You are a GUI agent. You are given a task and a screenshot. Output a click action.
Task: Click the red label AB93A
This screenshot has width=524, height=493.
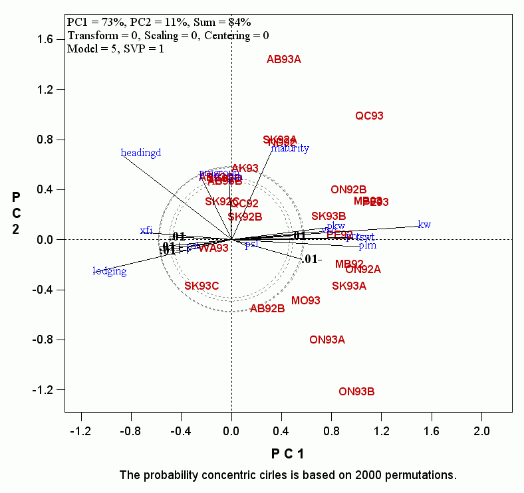pyautogui.click(x=284, y=60)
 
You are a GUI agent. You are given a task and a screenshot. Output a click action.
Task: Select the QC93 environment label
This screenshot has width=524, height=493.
pyautogui.click(x=369, y=116)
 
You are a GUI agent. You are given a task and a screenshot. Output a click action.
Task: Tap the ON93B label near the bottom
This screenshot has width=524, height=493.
pyautogui.click(x=356, y=392)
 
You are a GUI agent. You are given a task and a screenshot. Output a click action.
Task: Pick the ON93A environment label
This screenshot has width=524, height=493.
pyautogui.click(x=327, y=340)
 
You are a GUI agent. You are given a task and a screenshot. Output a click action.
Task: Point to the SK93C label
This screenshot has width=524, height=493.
pyautogui.click(x=201, y=286)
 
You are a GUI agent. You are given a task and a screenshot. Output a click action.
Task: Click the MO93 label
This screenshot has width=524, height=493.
pyautogui.click(x=306, y=301)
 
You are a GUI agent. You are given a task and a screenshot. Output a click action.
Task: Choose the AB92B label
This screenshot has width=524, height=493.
pyautogui.click(x=267, y=309)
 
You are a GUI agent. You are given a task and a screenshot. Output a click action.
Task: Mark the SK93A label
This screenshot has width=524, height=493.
pyautogui.click(x=349, y=286)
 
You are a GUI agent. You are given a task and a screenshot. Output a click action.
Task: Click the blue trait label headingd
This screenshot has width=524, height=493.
pyautogui.click(x=141, y=153)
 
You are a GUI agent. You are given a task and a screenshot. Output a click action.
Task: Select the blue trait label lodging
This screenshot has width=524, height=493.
pyautogui.click(x=110, y=271)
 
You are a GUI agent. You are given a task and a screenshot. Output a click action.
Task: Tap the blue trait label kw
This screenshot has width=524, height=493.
pyautogui.click(x=424, y=225)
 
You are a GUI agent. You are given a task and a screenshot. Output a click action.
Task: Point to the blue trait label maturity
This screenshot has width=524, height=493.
pyautogui.click(x=290, y=148)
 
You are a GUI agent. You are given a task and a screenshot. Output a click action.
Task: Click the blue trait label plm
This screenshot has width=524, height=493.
pyautogui.click(x=368, y=246)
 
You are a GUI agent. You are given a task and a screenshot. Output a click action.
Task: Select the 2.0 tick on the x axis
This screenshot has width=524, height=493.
pyautogui.click(x=481, y=432)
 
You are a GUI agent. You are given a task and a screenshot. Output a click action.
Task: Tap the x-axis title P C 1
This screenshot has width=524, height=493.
pyautogui.click(x=287, y=454)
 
